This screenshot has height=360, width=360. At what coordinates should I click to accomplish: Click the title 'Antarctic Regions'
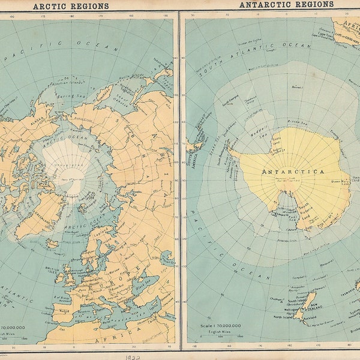[286, 4]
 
